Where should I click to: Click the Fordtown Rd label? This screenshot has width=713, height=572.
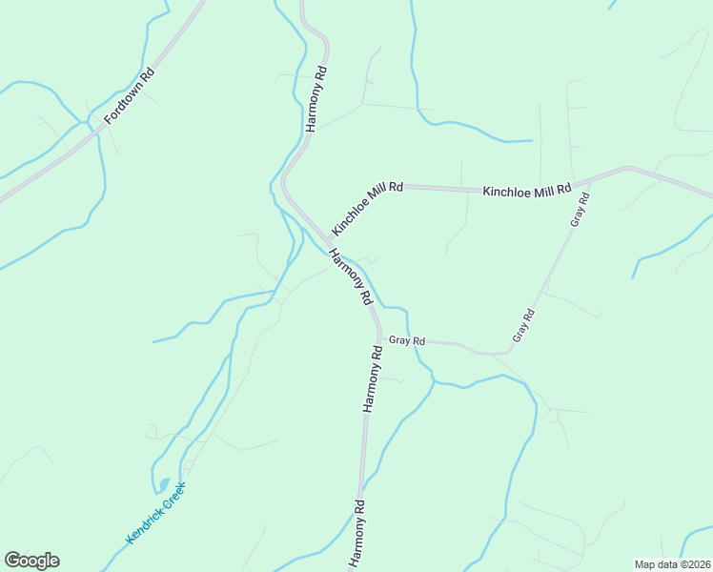coord(129,96)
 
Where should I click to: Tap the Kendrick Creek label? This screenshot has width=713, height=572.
coord(154,513)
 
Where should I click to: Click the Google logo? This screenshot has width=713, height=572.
coord(31,561)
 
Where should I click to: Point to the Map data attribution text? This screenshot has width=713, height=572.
coord(672,564)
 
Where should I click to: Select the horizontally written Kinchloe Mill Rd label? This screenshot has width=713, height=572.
coord(527,191)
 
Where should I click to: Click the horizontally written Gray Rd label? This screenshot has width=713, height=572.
coord(406,339)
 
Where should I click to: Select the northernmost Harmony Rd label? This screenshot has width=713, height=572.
coord(316,99)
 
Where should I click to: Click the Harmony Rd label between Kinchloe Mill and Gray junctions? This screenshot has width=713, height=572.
coord(350,276)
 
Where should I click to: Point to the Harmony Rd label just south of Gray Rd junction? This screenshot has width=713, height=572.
coord(372,378)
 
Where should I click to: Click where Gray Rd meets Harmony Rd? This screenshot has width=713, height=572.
coord(379,337)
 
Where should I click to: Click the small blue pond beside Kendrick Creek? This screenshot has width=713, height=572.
coord(163,485)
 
